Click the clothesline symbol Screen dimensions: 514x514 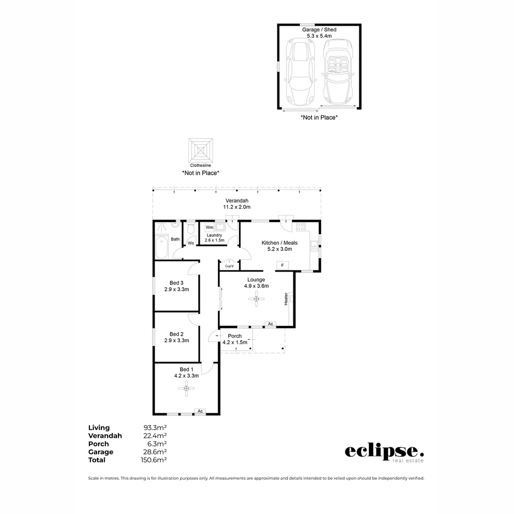[200, 150]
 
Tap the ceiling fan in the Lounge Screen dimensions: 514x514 [257, 299]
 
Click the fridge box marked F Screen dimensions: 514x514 [283, 265]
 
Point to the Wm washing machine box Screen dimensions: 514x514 [209, 227]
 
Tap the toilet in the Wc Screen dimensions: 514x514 [191, 230]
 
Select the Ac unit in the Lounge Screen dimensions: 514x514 [270, 324]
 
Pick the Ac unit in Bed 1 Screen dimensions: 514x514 [200, 411]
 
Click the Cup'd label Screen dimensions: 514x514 [229, 266]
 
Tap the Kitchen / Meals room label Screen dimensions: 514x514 [279, 243]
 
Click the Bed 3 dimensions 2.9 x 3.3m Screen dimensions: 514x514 [177, 289]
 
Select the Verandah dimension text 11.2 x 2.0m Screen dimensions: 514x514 [237, 207]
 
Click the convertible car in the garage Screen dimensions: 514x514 [337, 74]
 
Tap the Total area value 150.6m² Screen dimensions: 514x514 [155, 460]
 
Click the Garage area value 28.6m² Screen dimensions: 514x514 [155, 452]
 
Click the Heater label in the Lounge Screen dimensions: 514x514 [286, 299]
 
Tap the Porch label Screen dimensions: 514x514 [234, 336]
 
